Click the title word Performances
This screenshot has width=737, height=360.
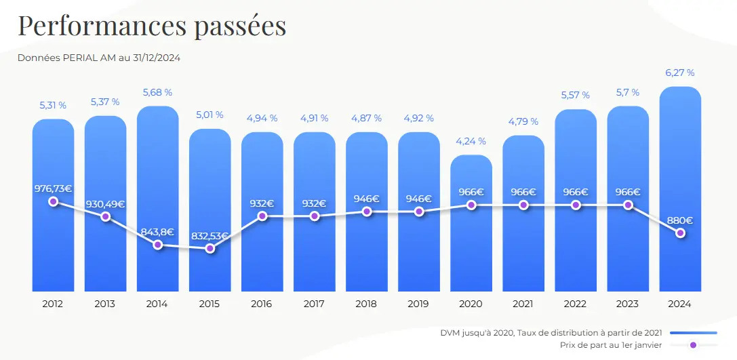(x=101, y=25)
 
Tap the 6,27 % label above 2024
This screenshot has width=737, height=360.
(x=680, y=73)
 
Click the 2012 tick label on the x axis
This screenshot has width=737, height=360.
(x=53, y=304)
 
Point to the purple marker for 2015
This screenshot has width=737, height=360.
(x=210, y=248)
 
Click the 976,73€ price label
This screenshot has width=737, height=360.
(x=53, y=188)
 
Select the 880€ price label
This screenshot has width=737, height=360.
(x=679, y=220)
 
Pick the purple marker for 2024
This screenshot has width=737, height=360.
(x=680, y=233)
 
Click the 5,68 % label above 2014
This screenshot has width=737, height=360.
(x=157, y=92)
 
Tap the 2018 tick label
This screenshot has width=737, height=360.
(x=367, y=304)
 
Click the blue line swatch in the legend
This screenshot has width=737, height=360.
(x=693, y=333)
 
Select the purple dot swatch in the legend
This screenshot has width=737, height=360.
(x=693, y=345)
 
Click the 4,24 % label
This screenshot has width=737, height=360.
(x=471, y=141)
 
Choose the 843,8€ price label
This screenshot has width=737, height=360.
(x=157, y=231)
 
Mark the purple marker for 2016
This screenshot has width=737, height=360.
(x=262, y=216)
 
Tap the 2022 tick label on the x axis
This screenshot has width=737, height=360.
(x=576, y=304)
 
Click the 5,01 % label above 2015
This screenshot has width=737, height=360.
(x=210, y=115)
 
